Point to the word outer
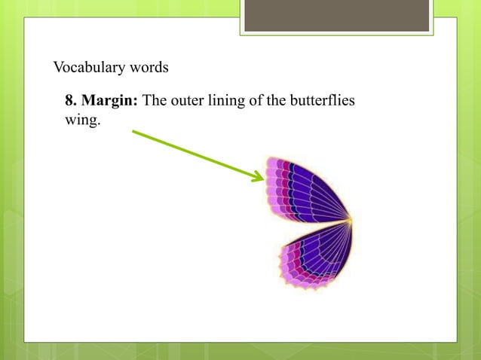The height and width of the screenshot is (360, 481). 185,102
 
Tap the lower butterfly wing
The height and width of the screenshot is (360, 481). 313,256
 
